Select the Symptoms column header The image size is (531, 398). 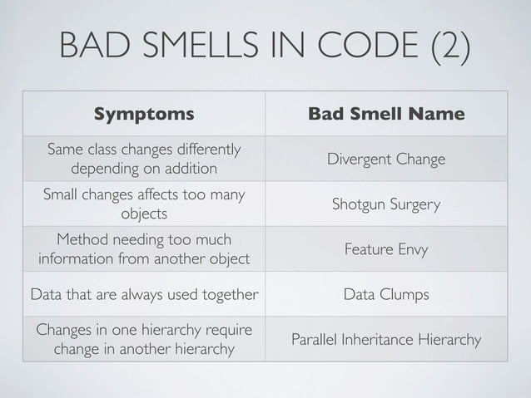143,113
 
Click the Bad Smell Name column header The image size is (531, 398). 386,113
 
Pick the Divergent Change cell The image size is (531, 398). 386,159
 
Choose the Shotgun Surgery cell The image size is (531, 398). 386,204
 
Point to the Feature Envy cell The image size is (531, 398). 386,248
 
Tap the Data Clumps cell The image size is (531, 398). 386,294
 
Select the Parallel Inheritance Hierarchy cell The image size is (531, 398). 386,339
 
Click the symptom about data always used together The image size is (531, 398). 143,294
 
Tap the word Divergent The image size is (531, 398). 355,159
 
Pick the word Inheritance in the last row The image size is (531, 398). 390,339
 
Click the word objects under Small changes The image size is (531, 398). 143,213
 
